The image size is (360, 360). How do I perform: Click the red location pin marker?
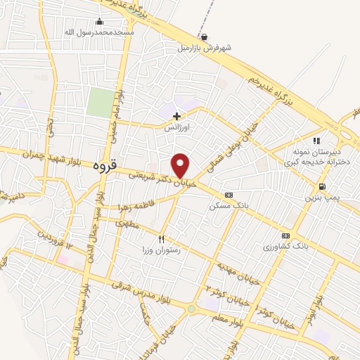point(181,165)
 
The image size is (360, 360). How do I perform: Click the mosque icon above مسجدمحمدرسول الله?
point(99,22)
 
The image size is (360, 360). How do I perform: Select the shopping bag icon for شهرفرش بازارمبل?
point(204,37)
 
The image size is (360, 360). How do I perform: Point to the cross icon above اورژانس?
point(176,116)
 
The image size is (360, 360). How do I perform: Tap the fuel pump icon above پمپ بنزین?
point(322,187)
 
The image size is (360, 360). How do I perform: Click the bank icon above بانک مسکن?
point(229,195)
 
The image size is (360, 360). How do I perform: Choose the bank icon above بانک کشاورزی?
point(285,236)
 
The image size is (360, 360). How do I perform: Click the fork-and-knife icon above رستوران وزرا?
point(162,239)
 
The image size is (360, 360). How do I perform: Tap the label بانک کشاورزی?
point(286,247)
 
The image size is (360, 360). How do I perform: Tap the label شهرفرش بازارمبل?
point(204,49)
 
